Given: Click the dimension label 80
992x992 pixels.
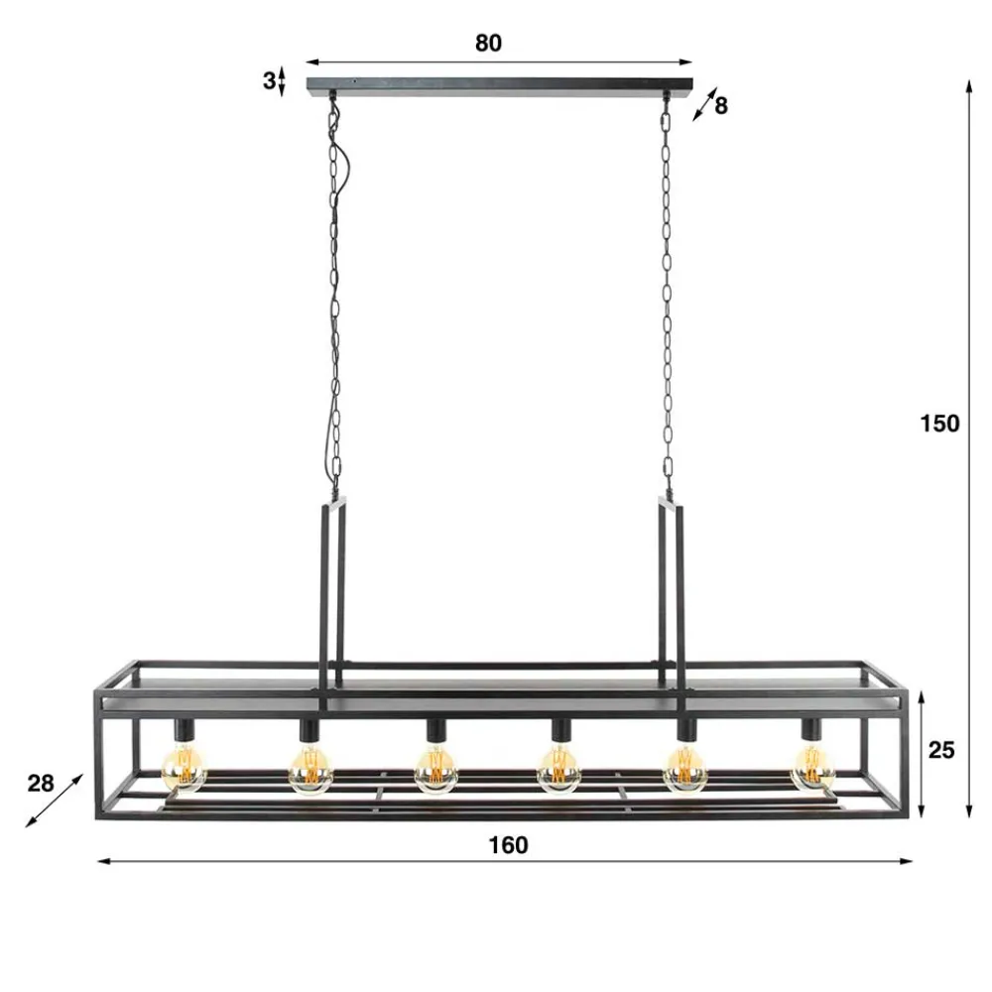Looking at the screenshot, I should click(488, 43).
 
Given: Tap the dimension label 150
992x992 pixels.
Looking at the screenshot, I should click(938, 424).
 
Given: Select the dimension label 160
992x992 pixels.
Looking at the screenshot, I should click(508, 845).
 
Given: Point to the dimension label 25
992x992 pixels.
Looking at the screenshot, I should click(941, 750).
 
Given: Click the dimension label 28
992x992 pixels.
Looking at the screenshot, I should click(41, 784).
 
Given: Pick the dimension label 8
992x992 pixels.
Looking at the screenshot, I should click(721, 105).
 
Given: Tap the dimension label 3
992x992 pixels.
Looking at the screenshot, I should click(268, 81).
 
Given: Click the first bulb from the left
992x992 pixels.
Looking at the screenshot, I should click(184, 765).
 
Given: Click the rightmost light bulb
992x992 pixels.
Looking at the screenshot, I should click(812, 765).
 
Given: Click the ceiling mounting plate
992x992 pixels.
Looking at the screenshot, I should click(500, 85).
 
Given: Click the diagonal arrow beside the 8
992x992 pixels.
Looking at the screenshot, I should click(703, 104).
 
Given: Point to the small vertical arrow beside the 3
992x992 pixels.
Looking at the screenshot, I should click(283, 81).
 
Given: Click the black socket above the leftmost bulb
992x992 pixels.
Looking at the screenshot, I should click(184, 730).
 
